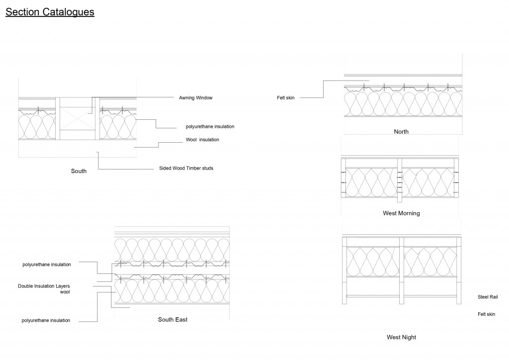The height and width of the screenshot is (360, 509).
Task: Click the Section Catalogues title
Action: tap(50, 12)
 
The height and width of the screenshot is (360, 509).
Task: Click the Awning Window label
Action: tap(195, 98)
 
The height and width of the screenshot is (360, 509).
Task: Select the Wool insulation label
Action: tap(199, 140)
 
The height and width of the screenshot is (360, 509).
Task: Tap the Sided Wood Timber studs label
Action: tap(186, 168)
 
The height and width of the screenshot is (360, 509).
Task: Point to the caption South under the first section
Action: tap(79, 171)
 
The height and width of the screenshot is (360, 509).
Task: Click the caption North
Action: tap(401, 132)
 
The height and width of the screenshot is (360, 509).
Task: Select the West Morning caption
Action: tap(401, 213)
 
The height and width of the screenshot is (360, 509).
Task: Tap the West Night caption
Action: tap(401, 337)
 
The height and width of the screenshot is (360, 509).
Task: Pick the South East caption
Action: tap(172, 320)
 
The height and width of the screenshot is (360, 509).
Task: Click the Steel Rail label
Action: tap(487, 297)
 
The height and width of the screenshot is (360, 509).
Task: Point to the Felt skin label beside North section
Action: tap(286, 98)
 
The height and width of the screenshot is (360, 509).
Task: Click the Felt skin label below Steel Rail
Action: tap(487, 314)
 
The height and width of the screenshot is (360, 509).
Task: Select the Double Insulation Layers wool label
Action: tap(44, 289)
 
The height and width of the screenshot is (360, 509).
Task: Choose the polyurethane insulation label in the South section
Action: tap(206, 127)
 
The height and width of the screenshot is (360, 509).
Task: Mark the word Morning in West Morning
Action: tap(409, 213)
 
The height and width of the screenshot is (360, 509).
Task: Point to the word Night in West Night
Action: tap(409, 337)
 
